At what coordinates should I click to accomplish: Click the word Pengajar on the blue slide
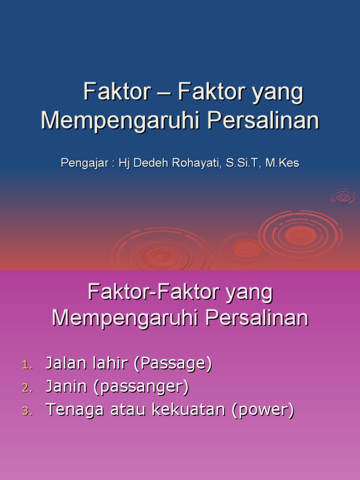coord(80,163)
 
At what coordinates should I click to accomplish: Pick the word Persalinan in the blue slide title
coord(263,120)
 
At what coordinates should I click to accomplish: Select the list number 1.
coord(26,365)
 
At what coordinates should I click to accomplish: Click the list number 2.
coord(26,388)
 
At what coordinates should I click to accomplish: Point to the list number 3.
coord(26,412)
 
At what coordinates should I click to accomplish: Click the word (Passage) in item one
coord(172,364)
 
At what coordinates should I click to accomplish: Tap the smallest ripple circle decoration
coord(344,197)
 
